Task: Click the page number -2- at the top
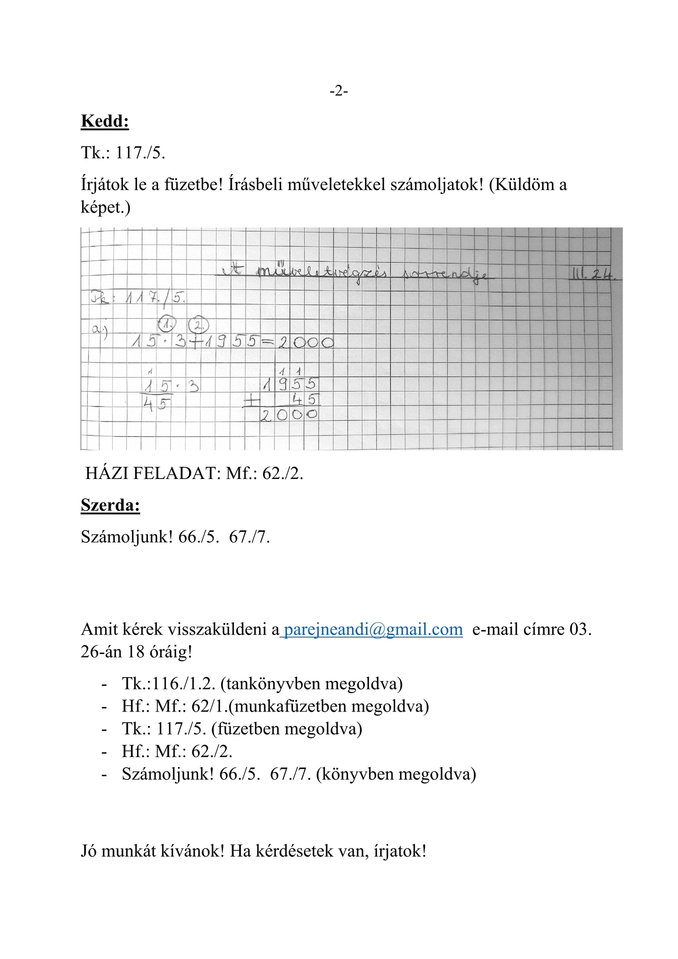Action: tap(339, 91)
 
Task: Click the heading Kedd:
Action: tap(105, 121)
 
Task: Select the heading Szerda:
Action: tap(110, 505)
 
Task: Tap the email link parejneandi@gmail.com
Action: tap(373, 629)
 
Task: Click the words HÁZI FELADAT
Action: tap(152, 473)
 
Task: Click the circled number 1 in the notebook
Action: tap(168, 323)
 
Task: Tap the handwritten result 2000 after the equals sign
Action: tap(306, 342)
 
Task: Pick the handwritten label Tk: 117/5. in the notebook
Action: tap(138, 297)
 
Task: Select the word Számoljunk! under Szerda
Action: tap(127, 537)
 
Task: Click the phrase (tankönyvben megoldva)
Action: tap(311, 684)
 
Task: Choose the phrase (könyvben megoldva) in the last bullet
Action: tap(396, 774)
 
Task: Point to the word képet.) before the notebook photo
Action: tap(105, 207)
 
